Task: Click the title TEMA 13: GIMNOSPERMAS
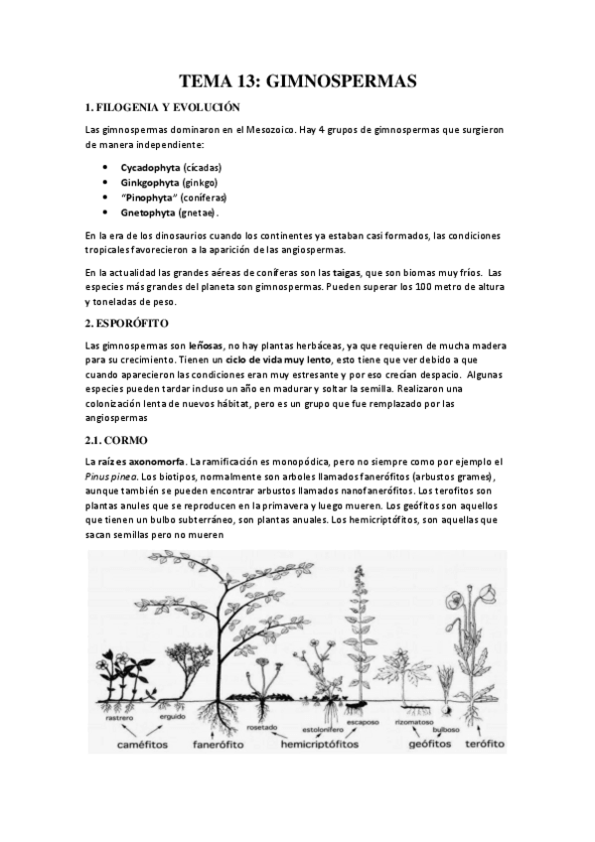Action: (297, 80)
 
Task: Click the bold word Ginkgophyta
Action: (150, 182)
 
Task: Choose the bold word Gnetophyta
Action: (149, 212)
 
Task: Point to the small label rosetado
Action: (261, 726)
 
